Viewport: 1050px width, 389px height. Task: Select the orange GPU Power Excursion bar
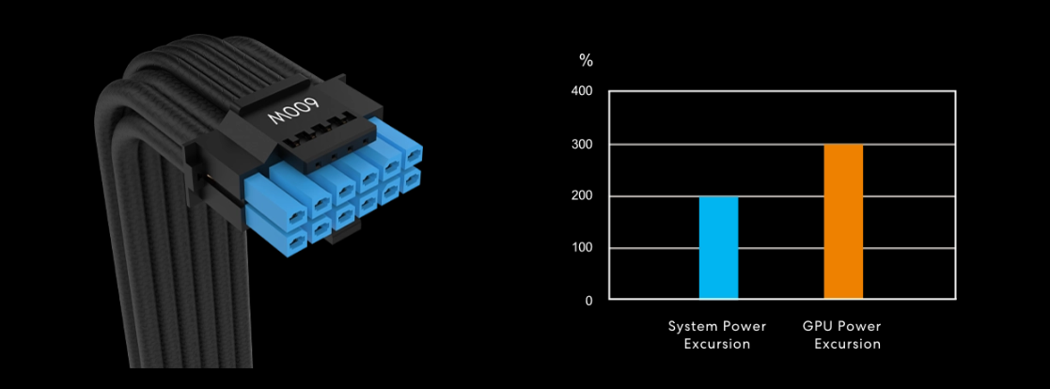point(843,222)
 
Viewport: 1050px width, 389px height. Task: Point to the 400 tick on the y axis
point(583,92)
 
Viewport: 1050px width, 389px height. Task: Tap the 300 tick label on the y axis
point(583,145)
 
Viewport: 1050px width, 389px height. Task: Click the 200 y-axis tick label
point(583,196)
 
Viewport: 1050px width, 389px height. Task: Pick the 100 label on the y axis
point(583,248)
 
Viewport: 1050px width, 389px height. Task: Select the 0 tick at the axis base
point(588,301)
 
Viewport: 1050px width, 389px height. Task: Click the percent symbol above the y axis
point(587,61)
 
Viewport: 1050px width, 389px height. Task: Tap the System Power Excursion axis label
point(717,335)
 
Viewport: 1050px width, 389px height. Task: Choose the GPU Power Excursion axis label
point(842,335)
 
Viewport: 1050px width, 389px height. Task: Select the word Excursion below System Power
point(717,344)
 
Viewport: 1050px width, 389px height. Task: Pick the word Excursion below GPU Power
point(847,344)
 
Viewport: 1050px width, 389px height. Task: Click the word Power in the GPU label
point(861,326)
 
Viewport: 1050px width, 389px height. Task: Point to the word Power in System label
point(744,326)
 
